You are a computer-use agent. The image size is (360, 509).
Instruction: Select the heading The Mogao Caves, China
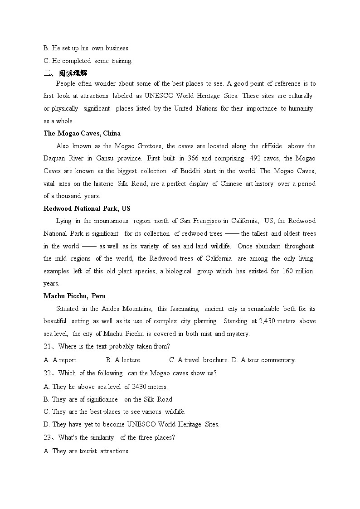[82, 133]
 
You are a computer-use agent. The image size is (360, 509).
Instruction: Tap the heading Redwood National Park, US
[87, 208]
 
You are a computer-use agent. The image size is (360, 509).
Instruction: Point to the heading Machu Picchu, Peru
[74, 296]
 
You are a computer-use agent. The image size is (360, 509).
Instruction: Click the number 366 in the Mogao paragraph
[206, 158]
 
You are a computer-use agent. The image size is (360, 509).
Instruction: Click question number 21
[48, 346]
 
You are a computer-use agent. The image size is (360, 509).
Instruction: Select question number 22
[48, 373]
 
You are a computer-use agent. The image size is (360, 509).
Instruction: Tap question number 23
[48, 437]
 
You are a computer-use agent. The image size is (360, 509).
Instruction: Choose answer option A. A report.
[60, 360]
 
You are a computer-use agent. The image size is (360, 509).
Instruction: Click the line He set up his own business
[86, 48]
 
